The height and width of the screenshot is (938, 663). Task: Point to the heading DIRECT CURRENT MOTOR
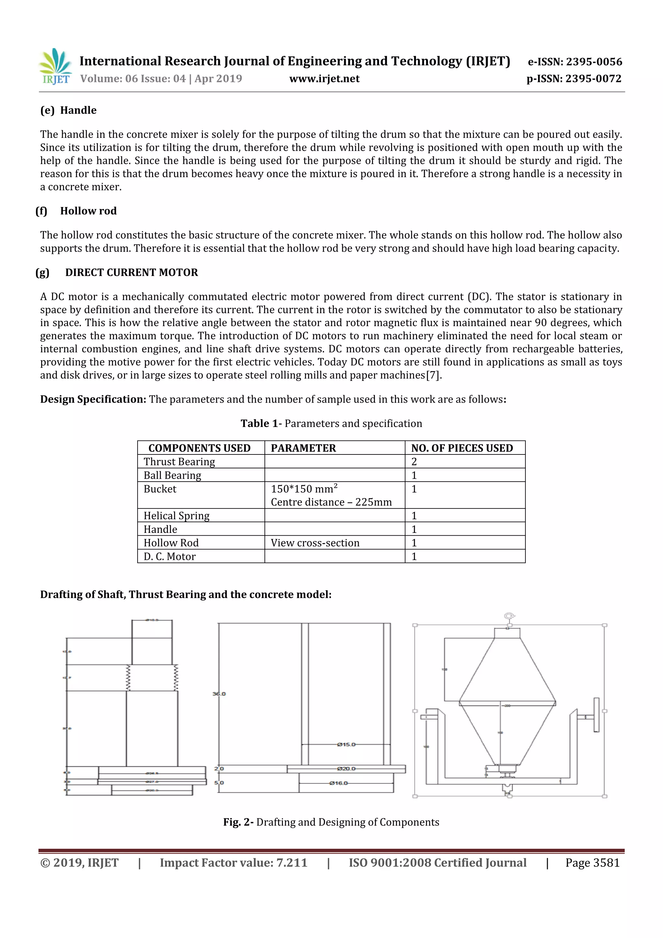click(x=131, y=272)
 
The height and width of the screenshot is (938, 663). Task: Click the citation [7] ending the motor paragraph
click(x=433, y=375)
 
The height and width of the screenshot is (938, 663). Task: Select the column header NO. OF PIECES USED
click(x=462, y=448)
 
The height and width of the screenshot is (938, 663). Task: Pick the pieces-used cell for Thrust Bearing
click(x=414, y=462)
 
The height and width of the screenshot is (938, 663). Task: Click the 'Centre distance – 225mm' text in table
click(x=331, y=502)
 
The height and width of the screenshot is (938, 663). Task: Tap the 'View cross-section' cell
click(x=315, y=543)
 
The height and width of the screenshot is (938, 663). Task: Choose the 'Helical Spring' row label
click(x=176, y=516)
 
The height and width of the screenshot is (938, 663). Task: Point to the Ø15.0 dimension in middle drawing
click(x=346, y=744)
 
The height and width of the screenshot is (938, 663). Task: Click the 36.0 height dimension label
click(x=219, y=694)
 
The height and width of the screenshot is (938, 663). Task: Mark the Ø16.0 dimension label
click(x=338, y=783)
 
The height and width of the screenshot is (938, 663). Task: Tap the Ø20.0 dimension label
click(x=346, y=769)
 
